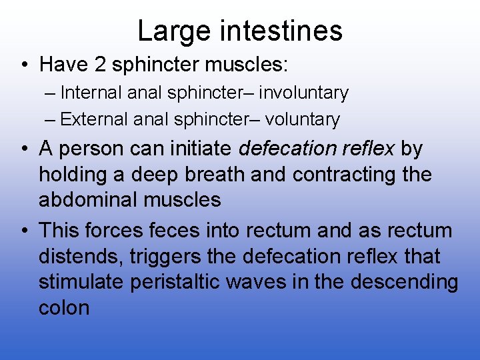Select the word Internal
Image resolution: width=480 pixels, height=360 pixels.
[91, 93]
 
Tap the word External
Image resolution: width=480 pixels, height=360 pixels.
[93, 120]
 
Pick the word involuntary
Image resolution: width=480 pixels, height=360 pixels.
[304, 93]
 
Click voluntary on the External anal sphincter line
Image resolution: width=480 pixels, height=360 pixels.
[303, 120]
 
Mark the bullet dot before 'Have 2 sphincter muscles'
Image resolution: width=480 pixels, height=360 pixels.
[23, 65]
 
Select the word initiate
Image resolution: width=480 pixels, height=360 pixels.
[201, 149]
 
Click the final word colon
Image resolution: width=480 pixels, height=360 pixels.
[64, 307]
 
